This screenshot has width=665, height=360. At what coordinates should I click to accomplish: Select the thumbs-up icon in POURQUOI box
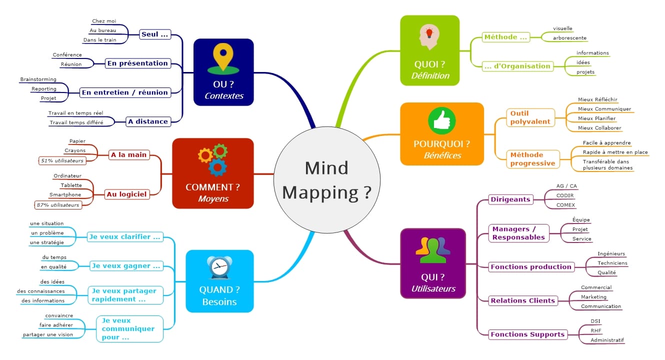[x=442, y=120]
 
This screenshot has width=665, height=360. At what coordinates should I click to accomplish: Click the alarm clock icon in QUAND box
[x=219, y=268]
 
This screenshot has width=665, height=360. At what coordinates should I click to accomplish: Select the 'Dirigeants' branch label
[x=510, y=199]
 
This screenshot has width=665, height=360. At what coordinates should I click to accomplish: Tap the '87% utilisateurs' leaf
[x=57, y=204]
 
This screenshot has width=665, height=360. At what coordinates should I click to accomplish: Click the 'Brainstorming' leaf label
[x=38, y=79]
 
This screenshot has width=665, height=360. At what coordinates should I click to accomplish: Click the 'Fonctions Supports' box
[x=527, y=334]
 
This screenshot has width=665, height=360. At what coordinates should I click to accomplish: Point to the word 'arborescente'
[x=569, y=37]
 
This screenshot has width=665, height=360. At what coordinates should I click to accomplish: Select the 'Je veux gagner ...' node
[x=126, y=266]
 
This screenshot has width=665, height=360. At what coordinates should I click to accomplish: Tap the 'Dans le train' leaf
[x=99, y=39]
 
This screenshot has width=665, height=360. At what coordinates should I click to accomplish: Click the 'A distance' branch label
[x=147, y=121]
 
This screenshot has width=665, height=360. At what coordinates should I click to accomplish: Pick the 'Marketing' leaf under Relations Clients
[x=593, y=297]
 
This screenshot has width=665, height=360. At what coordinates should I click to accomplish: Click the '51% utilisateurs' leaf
[x=62, y=160]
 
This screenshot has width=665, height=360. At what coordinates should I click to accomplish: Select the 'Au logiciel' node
[x=126, y=194]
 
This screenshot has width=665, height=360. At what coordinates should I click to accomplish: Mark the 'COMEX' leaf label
[x=565, y=204]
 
